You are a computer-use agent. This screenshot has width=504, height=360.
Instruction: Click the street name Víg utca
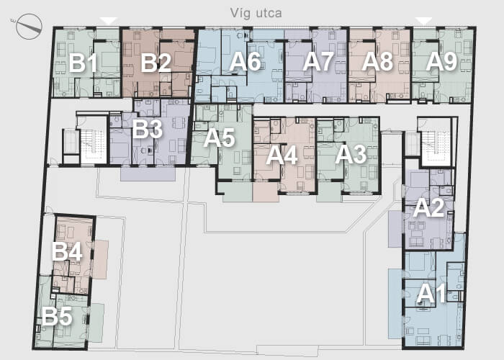tap(256, 13)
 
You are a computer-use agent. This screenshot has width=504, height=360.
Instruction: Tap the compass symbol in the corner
tap(29, 27)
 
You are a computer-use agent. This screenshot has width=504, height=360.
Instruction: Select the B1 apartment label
tap(83, 63)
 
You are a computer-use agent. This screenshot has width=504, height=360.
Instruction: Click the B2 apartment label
tap(156, 63)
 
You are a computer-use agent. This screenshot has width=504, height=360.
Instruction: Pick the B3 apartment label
tap(147, 129)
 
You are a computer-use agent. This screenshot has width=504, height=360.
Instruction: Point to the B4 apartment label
tap(67, 251)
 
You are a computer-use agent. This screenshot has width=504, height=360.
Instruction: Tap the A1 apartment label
tap(431, 294)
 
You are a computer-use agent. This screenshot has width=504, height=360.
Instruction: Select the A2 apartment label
tap(429, 207)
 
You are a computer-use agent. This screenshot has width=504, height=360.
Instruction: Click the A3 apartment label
tap(351, 155)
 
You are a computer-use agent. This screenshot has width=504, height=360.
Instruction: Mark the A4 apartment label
tap(282, 156)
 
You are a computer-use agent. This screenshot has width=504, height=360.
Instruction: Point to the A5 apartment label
tap(220, 138)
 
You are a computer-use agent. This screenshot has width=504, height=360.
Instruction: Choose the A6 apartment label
tap(245, 61)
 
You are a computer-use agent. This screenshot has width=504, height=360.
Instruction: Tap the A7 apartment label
tap(318, 61)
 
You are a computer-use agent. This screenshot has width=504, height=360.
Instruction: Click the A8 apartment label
tap(377, 61)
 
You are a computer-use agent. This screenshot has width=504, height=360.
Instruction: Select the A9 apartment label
tap(441, 61)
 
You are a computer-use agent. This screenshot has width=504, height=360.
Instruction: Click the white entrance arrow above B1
tap(108, 21)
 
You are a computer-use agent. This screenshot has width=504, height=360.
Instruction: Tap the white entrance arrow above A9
tap(424, 21)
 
